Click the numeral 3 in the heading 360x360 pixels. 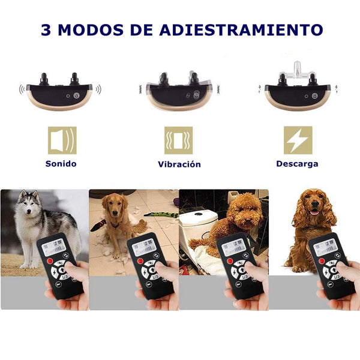pyautogui.click(x=46, y=29)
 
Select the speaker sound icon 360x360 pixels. pyautogui.click(x=62, y=140)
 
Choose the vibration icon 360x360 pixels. pyautogui.click(x=179, y=140)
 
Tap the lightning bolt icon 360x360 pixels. pyautogui.click(x=298, y=140)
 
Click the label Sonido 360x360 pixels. pyautogui.click(x=61, y=163)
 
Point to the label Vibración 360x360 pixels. pyautogui.click(x=179, y=164)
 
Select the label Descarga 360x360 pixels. pyautogui.click(x=297, y=163)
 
